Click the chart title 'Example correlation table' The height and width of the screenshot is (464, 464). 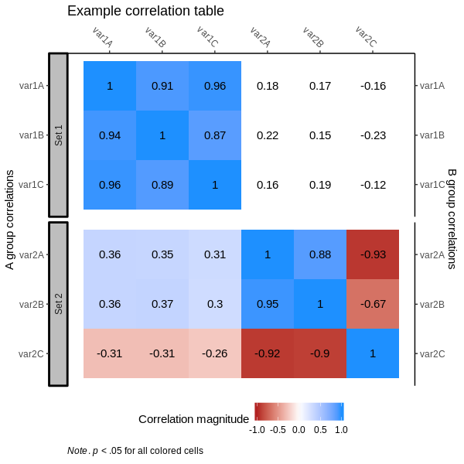pyautogui.click(x=145, y=11)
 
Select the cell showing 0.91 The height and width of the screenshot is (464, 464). pyautogui.click(x=162, y=86)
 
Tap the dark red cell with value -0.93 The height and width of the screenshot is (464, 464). pyautogui.click(x=373, y=254)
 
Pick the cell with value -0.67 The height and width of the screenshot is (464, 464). pyautogui.click(x=373, y=304)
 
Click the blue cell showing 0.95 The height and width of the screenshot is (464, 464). pyautogui.click(x=268, y=304)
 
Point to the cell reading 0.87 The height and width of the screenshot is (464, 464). pyautogui.click(x=215, y=135)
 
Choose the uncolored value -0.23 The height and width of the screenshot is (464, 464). pyautogui.click(x=373, y=135)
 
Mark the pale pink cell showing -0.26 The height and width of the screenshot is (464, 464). pyautogui.click(x=215, y=353)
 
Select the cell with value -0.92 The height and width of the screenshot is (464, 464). pyautogui.click(x=268, y=353)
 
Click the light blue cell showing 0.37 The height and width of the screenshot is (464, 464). pyautogui.click(x=162, y=304)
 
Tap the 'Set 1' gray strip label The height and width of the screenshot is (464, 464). pyautogui.click(x=58, y=135)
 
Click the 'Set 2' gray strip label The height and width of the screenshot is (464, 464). pyautogui.click(x=58, y=304)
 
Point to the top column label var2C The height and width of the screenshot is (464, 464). pyautogui.click(x=366, y=36)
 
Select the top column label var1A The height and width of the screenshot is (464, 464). pyautogui.click(x=103, y=36)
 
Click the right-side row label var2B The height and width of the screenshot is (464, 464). pyautogui.click(x=432, y=304)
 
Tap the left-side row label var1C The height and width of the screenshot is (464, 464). pyautogui.click(x=32, y=185)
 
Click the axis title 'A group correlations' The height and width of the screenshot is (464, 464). pyautogui.click(x=10, y=220)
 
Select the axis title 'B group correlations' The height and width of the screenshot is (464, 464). pyautogui.click(x=452, y=219)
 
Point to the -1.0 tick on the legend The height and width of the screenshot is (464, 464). pyautogui.click(x=258, y=429)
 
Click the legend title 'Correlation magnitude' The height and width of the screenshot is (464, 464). pyautogui.click(x=193, y=418)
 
